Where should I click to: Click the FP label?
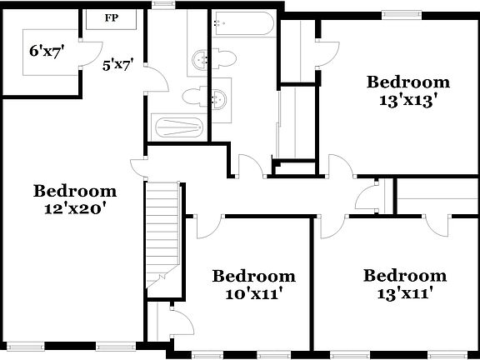click(111, 17)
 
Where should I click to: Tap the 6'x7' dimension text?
click(47, 51)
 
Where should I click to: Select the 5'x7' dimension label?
click(118, 63)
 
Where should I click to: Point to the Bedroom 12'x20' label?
click(75, 199)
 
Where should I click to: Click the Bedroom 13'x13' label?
click(408, 90)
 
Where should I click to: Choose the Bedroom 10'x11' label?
click(253, 284)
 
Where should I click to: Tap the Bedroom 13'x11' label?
click(404, 284)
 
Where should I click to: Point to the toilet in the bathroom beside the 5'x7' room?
click(191, 94)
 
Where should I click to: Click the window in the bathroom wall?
click(164, 4)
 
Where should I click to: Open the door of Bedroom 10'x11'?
click(210, 223)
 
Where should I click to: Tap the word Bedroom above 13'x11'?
click(404, 276)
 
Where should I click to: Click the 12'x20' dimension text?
click(75, 208)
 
